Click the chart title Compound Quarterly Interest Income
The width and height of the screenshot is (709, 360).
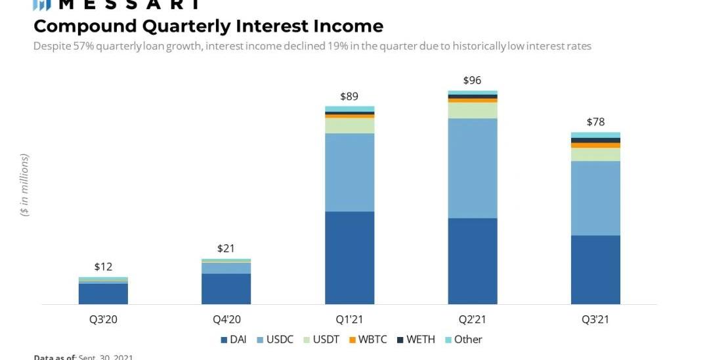208,26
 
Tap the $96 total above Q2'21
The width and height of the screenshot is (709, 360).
472,80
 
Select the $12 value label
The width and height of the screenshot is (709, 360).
103,267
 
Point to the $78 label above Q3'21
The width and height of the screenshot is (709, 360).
595,122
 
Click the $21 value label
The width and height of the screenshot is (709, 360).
226,248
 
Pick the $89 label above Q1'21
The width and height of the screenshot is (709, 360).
349,96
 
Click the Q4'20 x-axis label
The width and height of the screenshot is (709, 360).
226,320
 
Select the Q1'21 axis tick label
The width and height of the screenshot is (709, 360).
349,320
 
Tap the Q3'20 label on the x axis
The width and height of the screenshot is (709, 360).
103,320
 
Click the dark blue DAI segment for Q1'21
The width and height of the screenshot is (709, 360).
349,258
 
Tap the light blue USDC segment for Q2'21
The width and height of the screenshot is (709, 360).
472,168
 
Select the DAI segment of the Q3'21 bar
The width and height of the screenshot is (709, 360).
595,269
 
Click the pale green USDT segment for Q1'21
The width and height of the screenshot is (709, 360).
349,125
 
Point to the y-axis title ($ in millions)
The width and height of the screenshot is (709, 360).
25,185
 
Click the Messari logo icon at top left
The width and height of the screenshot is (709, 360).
42,5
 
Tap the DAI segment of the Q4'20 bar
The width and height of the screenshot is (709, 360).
226,288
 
